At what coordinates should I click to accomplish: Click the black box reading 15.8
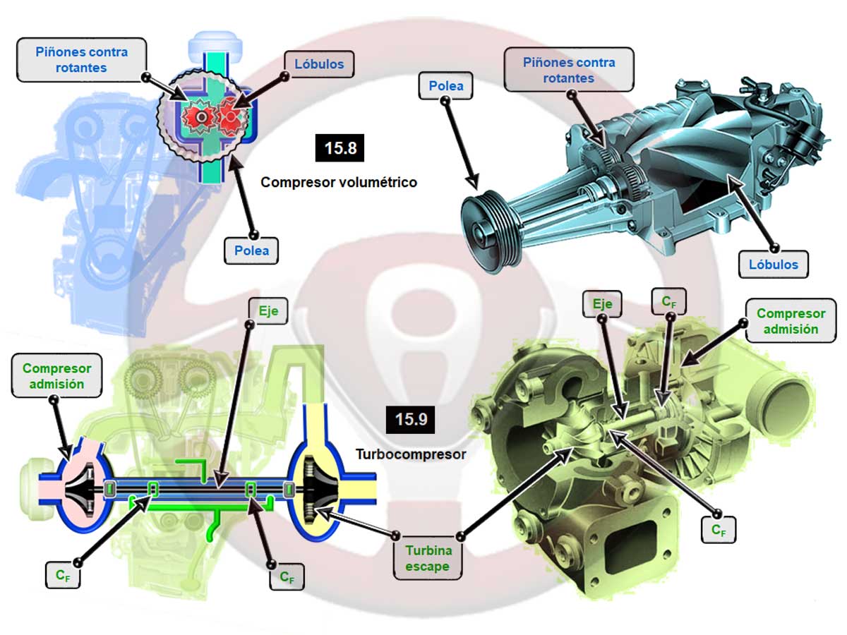click(x=340, y=148)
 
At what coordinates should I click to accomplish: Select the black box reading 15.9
click(x=410, y=419)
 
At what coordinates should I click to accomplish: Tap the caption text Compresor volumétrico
click(x=339, y=182)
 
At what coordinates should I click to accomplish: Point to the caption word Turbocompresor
click(x=411, y=454)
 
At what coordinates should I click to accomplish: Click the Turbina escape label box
click(x=428, y=558)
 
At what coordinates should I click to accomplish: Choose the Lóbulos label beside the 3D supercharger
click(x=773, y=265)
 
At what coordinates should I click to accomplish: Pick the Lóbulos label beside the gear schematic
click(x=319, y=64)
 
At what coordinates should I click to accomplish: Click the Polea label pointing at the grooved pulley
click(x=446, y=86)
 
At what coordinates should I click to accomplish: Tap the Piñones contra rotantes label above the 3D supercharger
click(x=569, y=70)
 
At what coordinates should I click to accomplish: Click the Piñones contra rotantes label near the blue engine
click(x=81, y=59)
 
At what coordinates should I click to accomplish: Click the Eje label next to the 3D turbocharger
click(x=602, y=304)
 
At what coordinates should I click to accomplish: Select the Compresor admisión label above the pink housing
click(x=56, y=376)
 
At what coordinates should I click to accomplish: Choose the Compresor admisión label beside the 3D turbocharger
click(x=790, y=321)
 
